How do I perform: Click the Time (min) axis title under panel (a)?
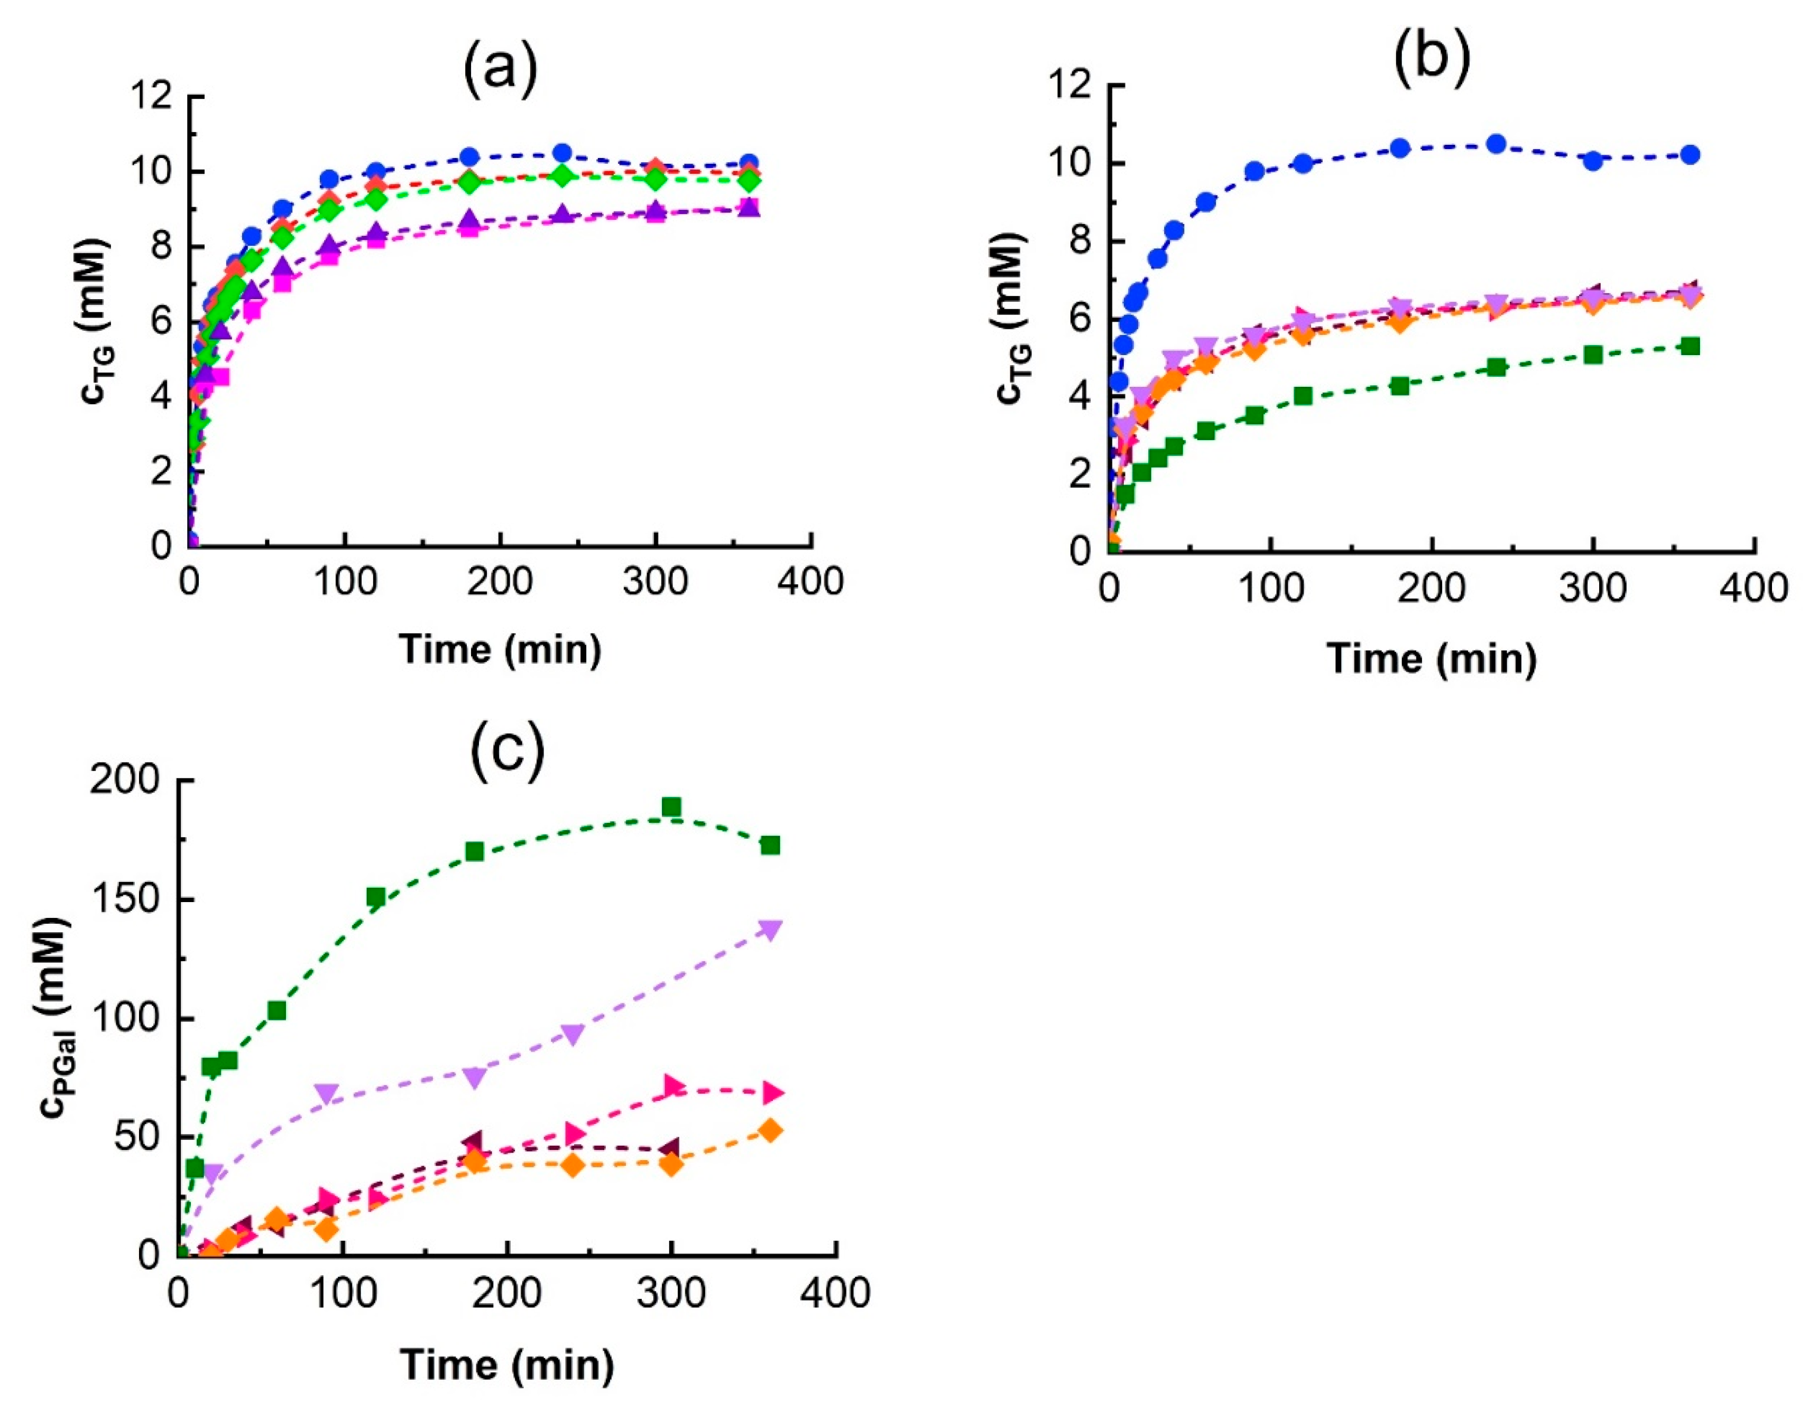500,649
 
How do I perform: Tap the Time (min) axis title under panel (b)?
1432,659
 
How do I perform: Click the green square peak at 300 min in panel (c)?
672,806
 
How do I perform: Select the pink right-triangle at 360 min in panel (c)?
772,1092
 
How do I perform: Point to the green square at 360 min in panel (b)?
1691,346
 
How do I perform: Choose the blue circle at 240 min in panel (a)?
562,152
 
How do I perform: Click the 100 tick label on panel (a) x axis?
345,582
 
